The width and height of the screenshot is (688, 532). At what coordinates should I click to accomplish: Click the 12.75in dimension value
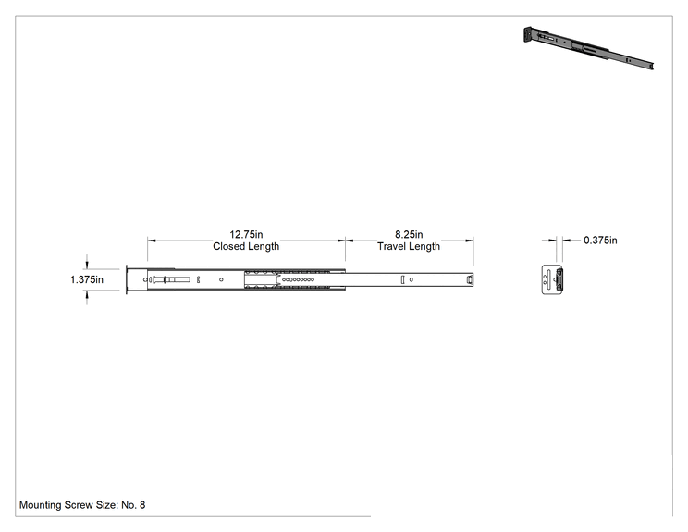point(246,234)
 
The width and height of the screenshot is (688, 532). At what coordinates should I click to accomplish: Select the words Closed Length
point(246,246)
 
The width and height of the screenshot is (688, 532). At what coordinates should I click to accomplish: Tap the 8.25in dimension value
point(409,234)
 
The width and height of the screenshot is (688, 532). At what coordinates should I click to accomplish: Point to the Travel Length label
point(409,246)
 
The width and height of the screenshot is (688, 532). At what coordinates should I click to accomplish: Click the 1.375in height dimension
point(87,279)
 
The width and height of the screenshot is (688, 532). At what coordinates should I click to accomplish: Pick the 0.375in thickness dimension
point(600,241)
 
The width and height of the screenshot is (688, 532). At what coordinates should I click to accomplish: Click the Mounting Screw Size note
point(82,505)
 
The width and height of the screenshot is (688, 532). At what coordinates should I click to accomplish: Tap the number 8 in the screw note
point(142,505)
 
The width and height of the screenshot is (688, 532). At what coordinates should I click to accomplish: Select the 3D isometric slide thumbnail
point(588,47)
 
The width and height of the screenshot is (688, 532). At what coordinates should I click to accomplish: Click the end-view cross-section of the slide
point(552,279)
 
